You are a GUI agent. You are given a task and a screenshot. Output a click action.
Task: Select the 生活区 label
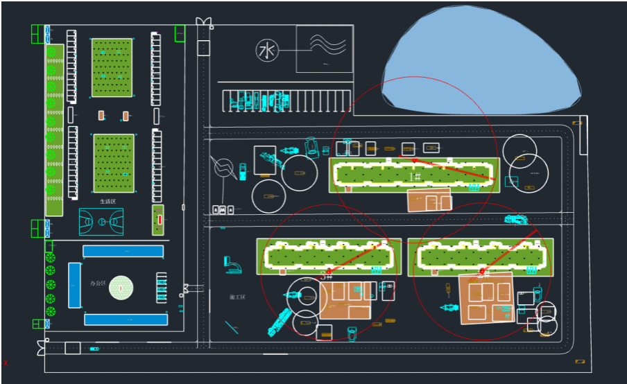pyautogui.click(x=108, y=201)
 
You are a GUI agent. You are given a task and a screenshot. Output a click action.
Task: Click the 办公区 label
pyautogui.click(x=98, y=283)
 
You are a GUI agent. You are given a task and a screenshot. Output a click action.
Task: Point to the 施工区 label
pyautogui.click(x=237, y=297)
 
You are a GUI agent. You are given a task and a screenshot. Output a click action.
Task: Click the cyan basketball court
pyautogui.click(x=101, y=222)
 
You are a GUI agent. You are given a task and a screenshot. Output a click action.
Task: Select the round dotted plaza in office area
pyautogui.click(x=121, y=288)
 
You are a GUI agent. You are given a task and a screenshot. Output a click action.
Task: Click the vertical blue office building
pyautogui.click(x=74, y=285)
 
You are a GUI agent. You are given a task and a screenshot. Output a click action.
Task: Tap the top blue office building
pyautogui.click(x=123, y=251)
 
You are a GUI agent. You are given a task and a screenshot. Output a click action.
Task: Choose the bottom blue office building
pyautogui.click(x=126, y=320)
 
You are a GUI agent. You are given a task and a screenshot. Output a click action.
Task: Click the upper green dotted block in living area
pyautogui.click(x=112, y=68)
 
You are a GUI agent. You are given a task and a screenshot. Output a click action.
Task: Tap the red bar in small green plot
pyautogui.click(x=160, y=220)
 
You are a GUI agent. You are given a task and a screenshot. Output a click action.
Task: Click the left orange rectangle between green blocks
pyautogui.click(x=102, y=115)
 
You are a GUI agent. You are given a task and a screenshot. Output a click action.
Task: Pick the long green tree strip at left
pyautogui.click(x=54, y=130)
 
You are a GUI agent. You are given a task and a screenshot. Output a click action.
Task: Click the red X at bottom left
pyautogui.click(x=6, y=363)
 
